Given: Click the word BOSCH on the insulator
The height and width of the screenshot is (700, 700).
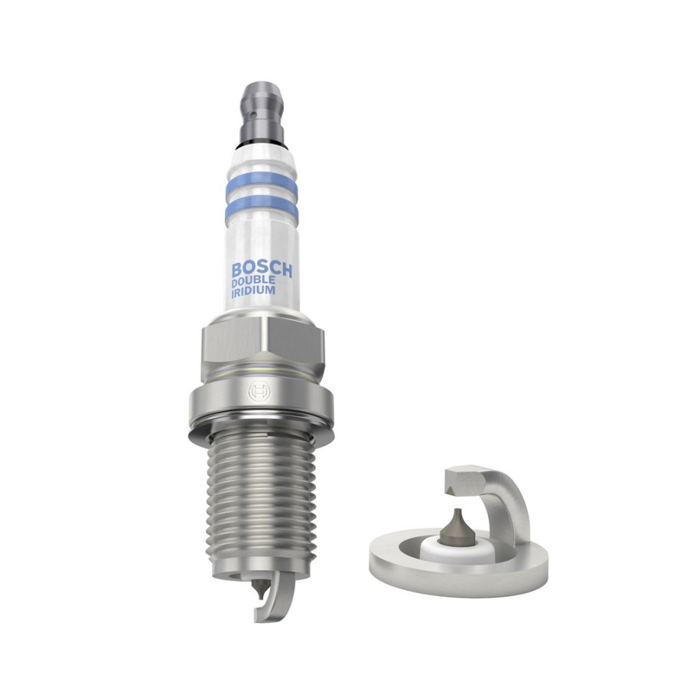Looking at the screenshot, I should click(x=262, y=270).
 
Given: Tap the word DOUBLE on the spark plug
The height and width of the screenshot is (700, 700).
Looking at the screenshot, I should click(x=254, y=284).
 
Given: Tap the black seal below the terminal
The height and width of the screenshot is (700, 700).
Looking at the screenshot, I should click(x=261, y=143).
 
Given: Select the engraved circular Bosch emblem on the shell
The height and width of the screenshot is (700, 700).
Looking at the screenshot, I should click(x=256, y=392).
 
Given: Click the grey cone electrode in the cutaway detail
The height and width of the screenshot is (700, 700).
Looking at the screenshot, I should click(x=457, y=527).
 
